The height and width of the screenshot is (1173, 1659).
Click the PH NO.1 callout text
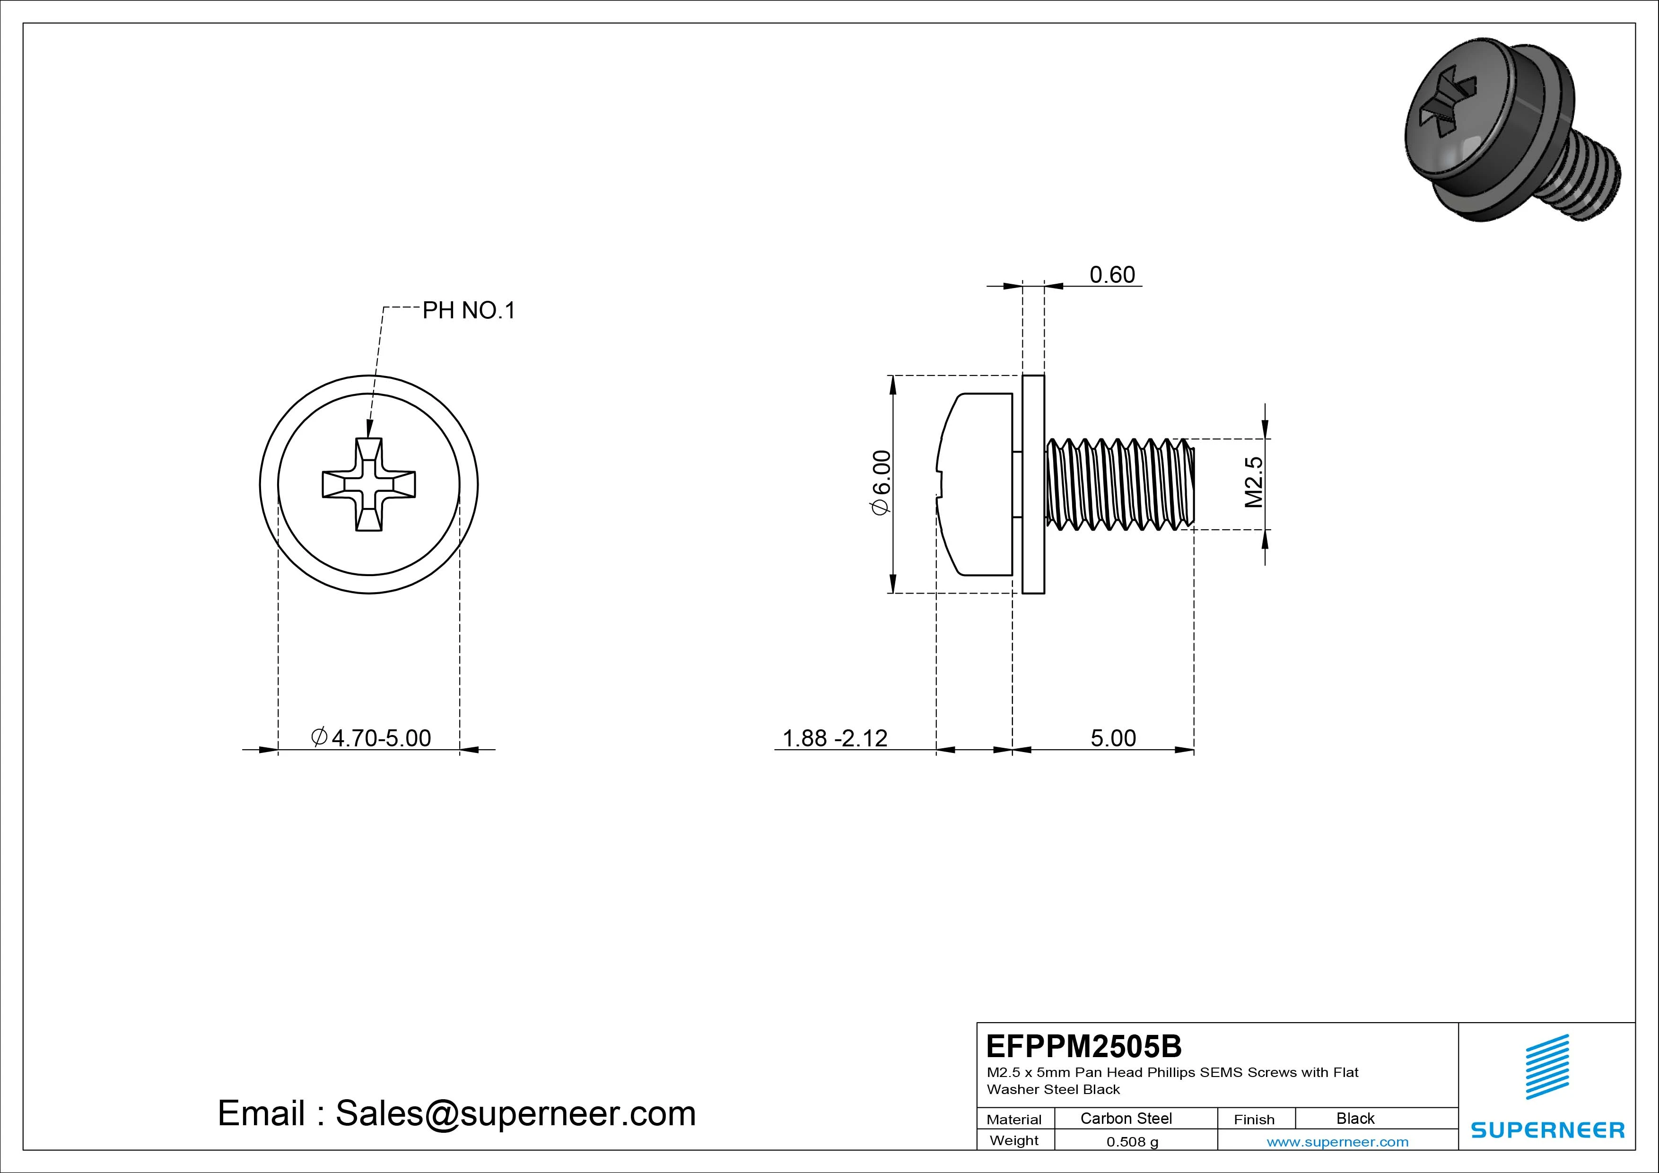[x=468, y=311]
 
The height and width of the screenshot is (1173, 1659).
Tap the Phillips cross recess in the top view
[x=368, y=484]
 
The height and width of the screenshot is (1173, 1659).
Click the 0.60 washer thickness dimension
[x=1112, y=275]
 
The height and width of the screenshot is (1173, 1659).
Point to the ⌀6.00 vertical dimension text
[x=882, y=483]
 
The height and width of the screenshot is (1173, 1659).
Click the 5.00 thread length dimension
[x=1113, y=738]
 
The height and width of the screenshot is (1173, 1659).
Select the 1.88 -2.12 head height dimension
[x=835, y=738]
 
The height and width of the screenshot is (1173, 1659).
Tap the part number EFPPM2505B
[x=1084, y=1046]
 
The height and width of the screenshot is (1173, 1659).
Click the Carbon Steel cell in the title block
[x=1126, y=1118]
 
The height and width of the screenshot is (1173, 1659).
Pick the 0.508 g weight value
[x=1132, y=1142]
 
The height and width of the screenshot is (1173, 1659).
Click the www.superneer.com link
[x=1337, y=1142]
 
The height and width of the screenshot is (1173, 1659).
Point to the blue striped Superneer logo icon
[x=1547, y=1066]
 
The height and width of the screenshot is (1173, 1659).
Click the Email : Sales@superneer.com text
[x=457, y=1113]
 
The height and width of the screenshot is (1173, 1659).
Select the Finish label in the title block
[x=1254, y=1119]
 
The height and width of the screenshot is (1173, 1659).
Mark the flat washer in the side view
[x=1033, y=484]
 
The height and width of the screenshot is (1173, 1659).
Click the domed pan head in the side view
[x=976, y=484]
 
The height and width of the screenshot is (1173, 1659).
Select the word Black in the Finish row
[x=1355, y=1118]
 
